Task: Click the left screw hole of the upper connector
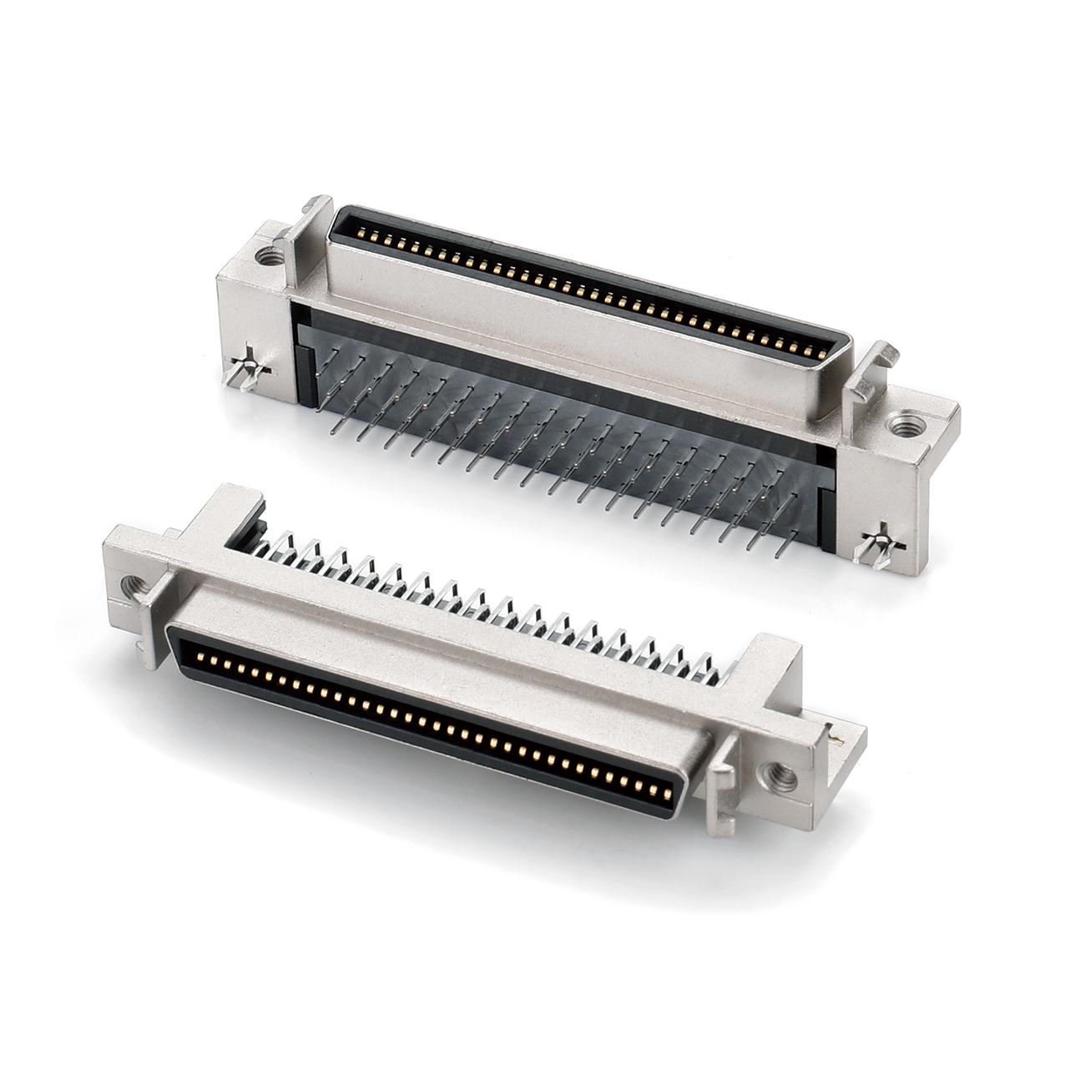tap(269, 255)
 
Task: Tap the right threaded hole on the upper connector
tap(902, 427)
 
